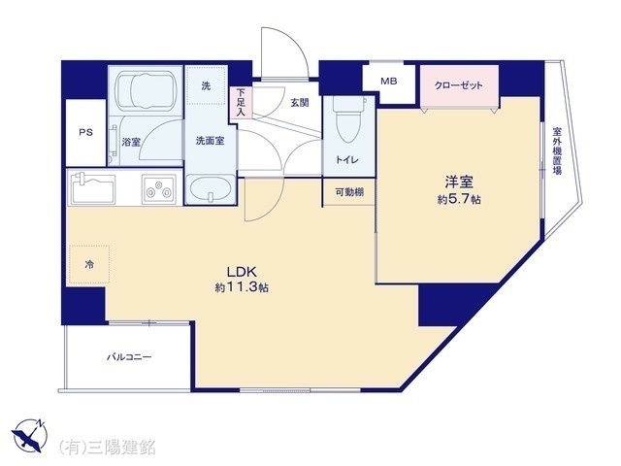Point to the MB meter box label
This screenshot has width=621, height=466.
click(389, 82)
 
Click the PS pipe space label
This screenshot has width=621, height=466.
click(85, 133)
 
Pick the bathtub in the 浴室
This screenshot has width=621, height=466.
click(145, 91)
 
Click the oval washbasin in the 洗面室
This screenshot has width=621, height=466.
click(208, 190)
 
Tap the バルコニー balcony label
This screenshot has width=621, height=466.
click(129, 357)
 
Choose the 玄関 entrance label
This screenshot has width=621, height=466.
click(299, 103)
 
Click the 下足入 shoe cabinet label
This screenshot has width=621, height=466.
click(241, 104)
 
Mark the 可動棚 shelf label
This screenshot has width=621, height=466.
click(349, 192)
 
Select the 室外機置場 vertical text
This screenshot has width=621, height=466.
click(557, 150)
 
